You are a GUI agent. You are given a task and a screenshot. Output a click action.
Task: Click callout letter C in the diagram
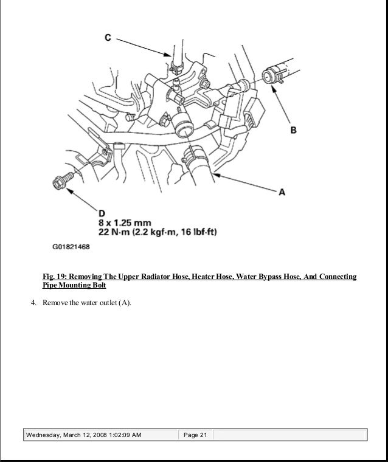(108, 38)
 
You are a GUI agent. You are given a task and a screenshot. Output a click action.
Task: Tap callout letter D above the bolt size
(102, 213)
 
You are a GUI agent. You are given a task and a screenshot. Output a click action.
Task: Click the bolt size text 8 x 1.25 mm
(125, 222)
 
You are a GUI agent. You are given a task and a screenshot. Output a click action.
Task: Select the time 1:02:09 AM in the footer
(120, 435)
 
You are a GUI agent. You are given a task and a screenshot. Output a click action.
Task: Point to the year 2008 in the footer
(89, 435)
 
